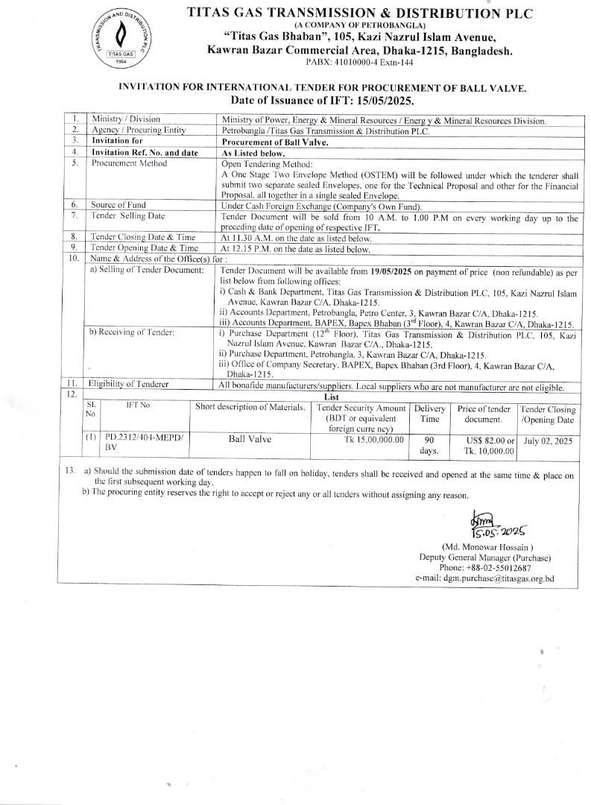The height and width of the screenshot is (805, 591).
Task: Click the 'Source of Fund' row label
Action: pyautogui.click(x=118, y=205)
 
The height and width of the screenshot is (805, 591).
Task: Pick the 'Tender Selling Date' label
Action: pyautogui.click(x=127, y=215)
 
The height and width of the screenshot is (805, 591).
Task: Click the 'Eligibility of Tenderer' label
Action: pyautogui.click(x=128, y=384)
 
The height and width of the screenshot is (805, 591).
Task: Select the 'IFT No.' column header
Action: pyautogui.click(x=139, y=405)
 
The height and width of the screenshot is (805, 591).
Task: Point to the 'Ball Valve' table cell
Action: pyautogui.click(x=250, y=440)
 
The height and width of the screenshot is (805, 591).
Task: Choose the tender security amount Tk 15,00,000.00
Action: pyautogui.click(x=368, y=440)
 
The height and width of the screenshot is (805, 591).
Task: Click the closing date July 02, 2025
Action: pyautogui.click(x=548, y=441)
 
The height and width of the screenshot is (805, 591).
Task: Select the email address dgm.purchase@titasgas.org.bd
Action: pyautogui.click(x=485, y=578)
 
